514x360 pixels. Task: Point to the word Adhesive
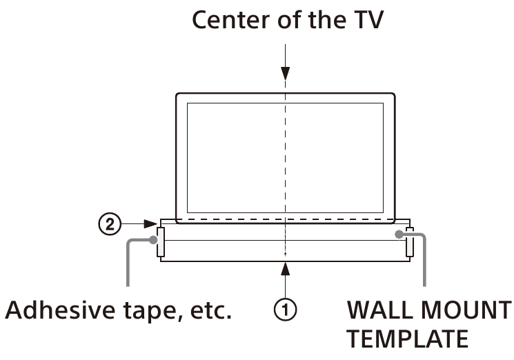click(x=54, y=310)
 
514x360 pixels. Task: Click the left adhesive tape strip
click(x=161, y=241)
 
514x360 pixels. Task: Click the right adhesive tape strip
click(x=409, y=241)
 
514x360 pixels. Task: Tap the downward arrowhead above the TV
click(x=285, y=75)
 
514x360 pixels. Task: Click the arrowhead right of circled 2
click(x=152, y=223)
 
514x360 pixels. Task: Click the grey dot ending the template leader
click(x=399, y=235)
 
